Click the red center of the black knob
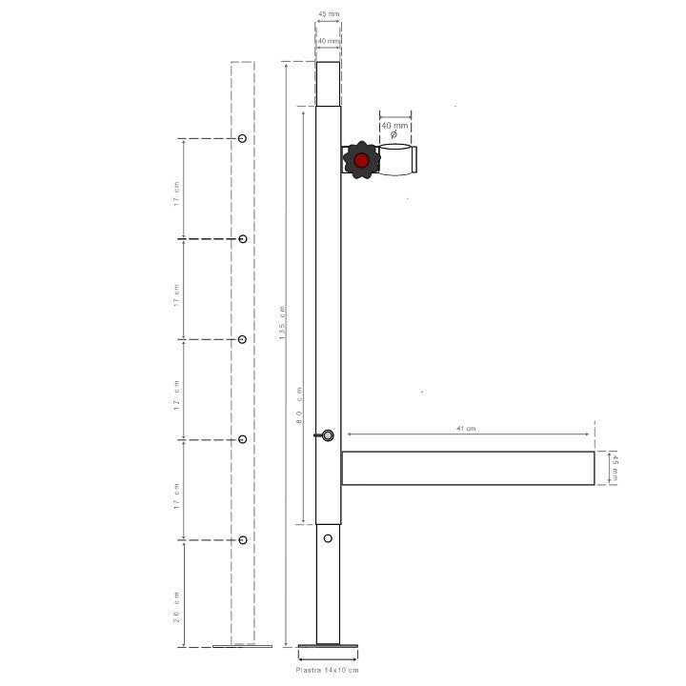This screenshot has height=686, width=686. coord(361,160)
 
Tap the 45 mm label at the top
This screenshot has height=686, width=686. coord(328,14)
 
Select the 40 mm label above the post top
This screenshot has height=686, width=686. coord(328,41)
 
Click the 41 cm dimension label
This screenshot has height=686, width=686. coord(465,429)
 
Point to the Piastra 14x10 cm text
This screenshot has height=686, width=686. coord(328,671)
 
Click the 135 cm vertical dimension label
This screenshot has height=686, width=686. coord(282,325)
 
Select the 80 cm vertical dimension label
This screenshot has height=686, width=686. coord(299,406)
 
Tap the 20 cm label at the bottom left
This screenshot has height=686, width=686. coord(177,607)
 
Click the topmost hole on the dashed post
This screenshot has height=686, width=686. coord(243,139)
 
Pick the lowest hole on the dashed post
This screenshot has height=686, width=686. coord(243,540)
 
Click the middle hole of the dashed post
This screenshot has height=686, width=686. coord(243,339)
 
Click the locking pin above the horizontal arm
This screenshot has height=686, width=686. coord(327,435)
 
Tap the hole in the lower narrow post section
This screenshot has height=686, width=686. coord(328,538)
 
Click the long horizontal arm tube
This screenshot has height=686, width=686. coord(468,468)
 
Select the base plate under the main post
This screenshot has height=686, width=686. coord(328,647)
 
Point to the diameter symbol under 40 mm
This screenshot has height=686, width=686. coord(394,135)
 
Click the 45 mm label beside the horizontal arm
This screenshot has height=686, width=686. coord(615,467)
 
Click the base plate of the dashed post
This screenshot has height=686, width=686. coord(242,645)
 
